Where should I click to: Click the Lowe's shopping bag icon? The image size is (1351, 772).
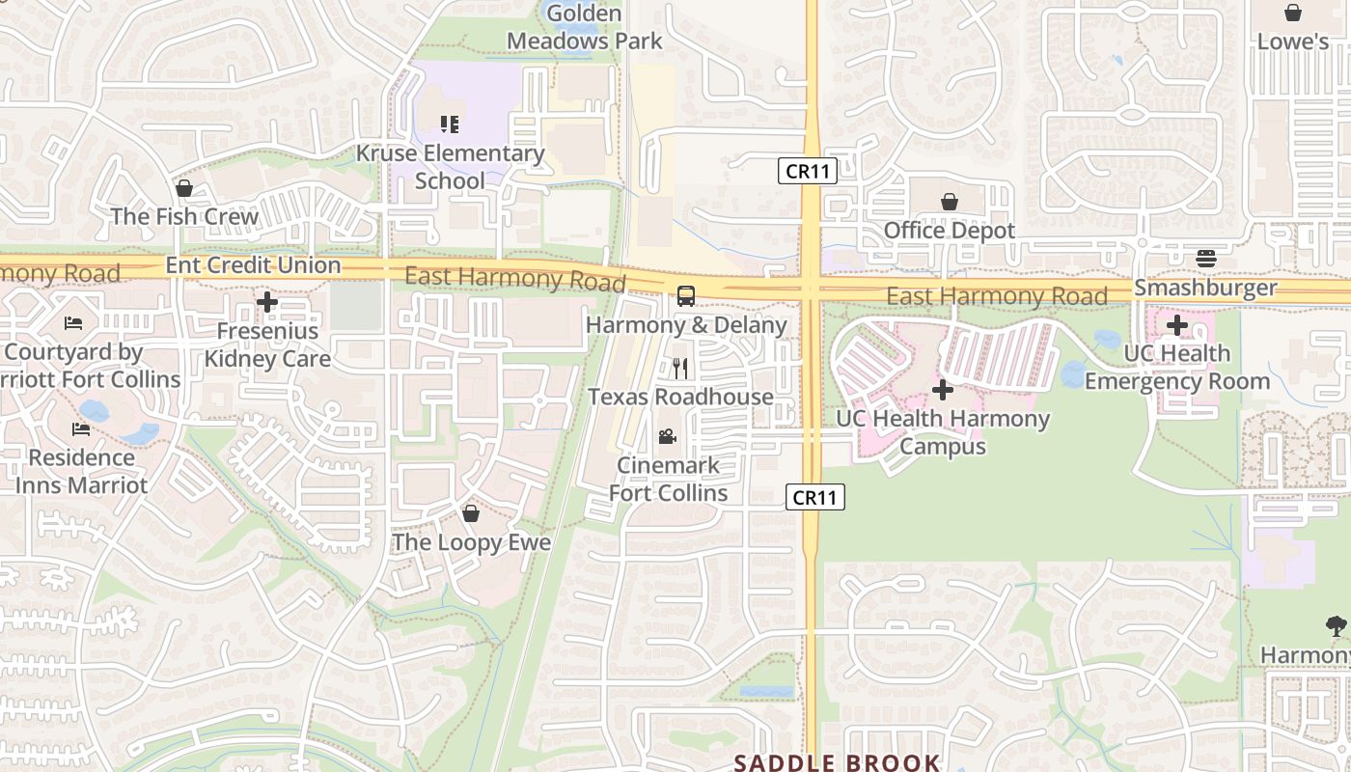point(1292,13)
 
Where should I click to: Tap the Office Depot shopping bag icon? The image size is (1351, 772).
point(950,202)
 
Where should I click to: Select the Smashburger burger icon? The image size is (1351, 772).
point(1205,258)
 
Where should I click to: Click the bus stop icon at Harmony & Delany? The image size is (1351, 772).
point(686,296)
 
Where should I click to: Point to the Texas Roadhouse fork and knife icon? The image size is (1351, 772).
point(680,368)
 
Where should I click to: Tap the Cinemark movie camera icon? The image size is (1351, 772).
point(667,436)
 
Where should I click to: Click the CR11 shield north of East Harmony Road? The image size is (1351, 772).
point(807,171)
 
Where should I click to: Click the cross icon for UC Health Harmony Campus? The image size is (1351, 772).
point(943,390)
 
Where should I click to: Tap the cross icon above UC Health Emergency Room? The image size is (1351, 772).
point(1177,324)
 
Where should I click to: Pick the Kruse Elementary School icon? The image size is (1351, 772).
point(450,124)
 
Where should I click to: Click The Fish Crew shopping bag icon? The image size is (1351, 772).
point(183,187)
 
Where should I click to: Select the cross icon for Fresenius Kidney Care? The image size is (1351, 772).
point(267,303)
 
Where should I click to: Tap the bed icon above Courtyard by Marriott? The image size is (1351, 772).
point(73,323)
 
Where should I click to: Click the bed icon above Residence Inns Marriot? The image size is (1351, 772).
point(80,428)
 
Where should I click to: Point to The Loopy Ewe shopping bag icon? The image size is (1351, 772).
point(471,513)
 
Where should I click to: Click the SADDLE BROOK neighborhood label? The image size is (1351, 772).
point(837,762)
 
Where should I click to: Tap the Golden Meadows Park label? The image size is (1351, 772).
point(585,27)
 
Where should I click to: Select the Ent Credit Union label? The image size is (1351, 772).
point(254,264)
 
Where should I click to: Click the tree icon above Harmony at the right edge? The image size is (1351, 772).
point(1337,626)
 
